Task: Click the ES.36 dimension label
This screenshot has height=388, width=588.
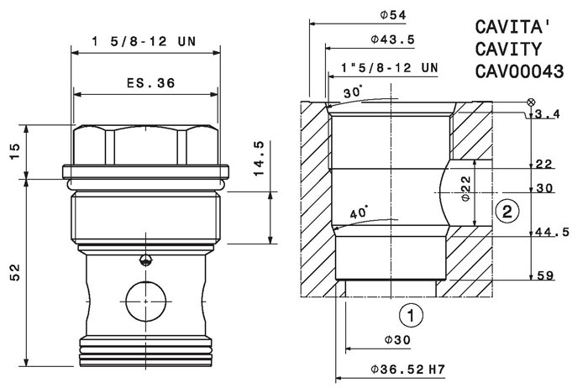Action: coord(150,83)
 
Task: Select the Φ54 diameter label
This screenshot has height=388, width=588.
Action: coord(393,15)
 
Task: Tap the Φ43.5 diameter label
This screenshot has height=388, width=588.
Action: coord(393,39)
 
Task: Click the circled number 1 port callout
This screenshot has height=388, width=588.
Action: coord(411,315)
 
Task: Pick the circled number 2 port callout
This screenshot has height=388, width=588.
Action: coord(507,212)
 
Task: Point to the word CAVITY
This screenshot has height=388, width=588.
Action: coord(509,49)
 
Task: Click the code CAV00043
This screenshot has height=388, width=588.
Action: coord(519,71)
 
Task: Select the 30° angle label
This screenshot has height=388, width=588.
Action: coord(353,92)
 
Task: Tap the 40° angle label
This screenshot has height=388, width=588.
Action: coord(359,212)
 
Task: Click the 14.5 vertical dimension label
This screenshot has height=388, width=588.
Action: coord(259,159)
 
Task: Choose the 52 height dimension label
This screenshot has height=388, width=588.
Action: coord(15,272)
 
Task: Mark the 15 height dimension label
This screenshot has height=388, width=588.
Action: coord(15,151)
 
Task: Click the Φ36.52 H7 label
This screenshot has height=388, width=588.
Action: coord(408,370)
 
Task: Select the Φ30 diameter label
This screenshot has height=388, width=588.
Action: coord(397,340)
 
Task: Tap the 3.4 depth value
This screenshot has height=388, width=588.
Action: coord(548,114)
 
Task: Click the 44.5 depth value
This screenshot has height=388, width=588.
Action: coord(552,233)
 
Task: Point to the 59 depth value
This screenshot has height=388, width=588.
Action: coord(546,275)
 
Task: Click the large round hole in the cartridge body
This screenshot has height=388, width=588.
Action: coord(146,301)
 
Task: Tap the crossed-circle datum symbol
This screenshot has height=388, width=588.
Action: coord(531,102)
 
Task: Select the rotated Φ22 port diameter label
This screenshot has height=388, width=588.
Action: coord(465,189)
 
